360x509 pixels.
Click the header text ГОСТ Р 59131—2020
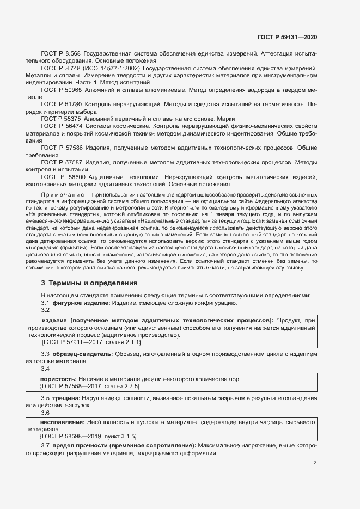(x=287, y=38)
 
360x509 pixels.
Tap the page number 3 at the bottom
(x=315, y=463)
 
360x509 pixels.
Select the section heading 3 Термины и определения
(x=89, y=283)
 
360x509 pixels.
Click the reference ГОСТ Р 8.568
(x=61, y=54)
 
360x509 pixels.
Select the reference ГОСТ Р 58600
(x=63, y=177)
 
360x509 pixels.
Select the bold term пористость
(x=58, y=378)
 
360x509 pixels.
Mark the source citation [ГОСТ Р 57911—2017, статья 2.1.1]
(x=91, y=342)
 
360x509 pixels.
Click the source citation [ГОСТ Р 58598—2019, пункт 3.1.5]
(x=89, y=436)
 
